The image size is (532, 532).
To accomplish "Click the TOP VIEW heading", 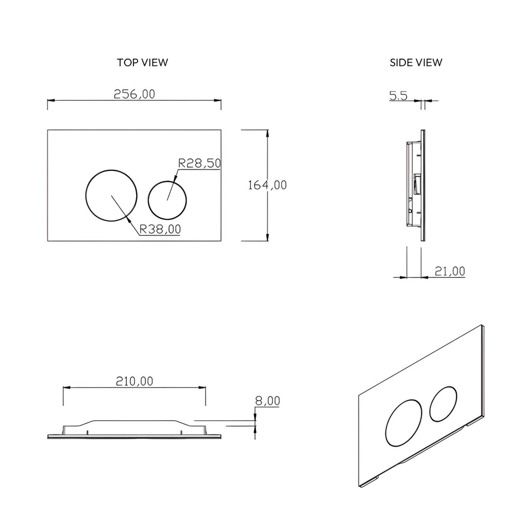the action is (142, 62).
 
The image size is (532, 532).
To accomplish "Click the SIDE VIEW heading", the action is (416, 62).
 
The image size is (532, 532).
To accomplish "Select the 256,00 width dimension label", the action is (135, 94).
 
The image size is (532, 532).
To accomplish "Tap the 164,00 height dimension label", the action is (268, 185).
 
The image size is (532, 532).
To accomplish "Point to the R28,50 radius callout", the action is (199, 163).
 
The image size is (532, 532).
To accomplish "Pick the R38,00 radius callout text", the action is (160, 229).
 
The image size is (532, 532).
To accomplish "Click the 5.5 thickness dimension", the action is (398, 96).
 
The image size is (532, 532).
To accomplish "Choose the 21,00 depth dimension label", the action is (450, 271).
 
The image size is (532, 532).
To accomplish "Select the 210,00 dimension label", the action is (135, 381).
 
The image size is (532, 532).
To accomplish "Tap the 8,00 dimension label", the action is (268, 401).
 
